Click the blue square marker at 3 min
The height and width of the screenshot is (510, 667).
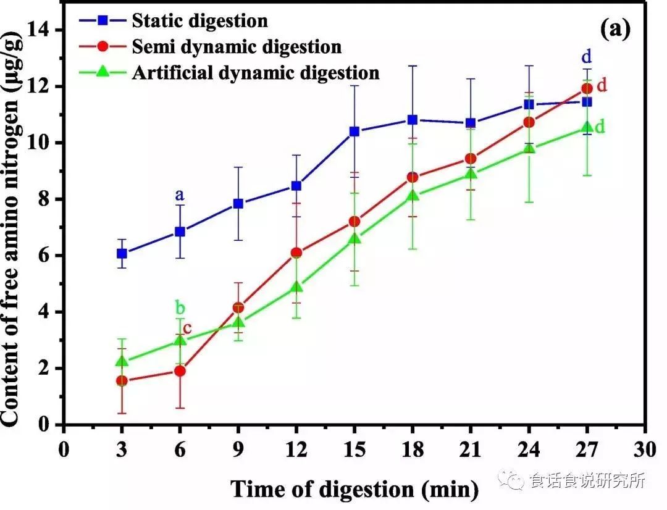[122, 253]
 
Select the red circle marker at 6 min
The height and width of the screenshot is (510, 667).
[180, 371]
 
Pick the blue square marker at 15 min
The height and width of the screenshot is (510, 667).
[354, 132]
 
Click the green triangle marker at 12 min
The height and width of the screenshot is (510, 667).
[296, 287]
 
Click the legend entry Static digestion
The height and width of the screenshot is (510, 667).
[199, 20]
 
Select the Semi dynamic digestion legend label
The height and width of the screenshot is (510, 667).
[236, 46]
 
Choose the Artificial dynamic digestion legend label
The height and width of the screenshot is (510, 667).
[255, 73]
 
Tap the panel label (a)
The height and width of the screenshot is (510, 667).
[614, 29]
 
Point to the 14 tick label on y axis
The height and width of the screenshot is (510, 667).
[44, 30]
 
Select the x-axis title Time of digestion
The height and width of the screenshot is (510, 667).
[354, 489]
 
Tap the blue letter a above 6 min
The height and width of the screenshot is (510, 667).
[180, 195]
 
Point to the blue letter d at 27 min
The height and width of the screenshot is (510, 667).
[587, 57]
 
